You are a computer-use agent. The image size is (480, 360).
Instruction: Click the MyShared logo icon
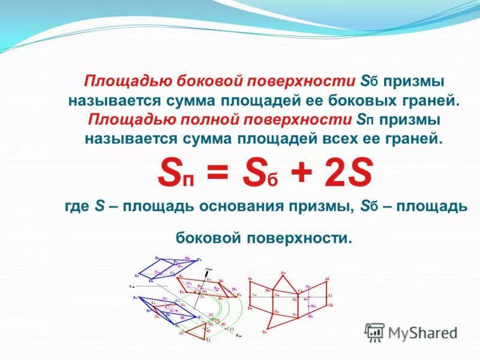tap(374, 332)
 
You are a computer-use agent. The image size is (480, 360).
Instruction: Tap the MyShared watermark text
tap(423, 332)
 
